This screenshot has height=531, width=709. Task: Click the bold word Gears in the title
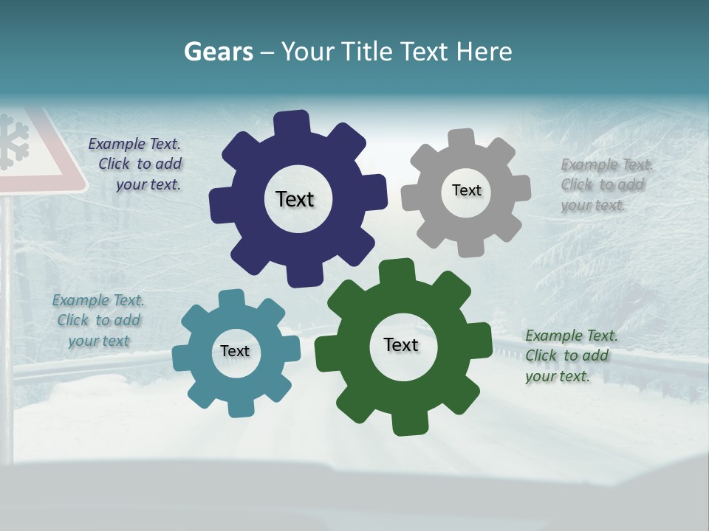click(x=218, y=52)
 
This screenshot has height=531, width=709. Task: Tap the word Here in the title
click(x=484, y=52)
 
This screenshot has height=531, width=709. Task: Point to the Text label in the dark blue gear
click(x=295, y=199)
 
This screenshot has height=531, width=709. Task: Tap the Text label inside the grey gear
click(x=466, y=190)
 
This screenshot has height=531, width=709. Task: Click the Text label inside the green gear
click(x=401, y=345)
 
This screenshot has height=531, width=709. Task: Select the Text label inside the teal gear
click(x=235, y=351)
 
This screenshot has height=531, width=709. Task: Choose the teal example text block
click(x=99, y=320)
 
